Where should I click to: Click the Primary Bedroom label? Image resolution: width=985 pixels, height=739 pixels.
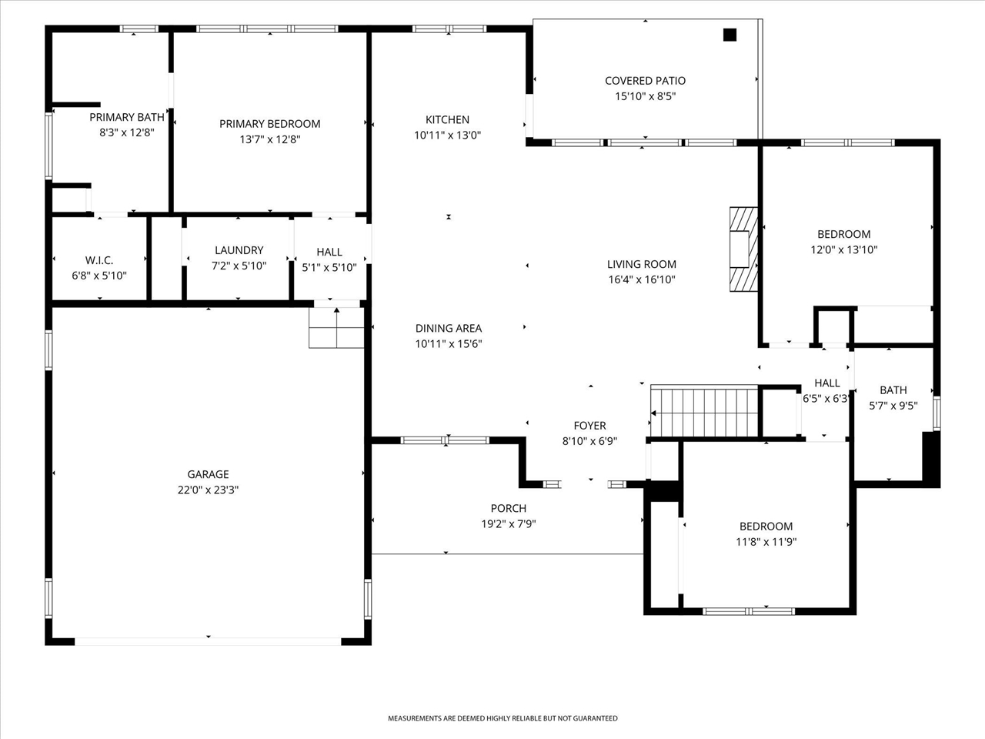pyautogui.click(x=269, y=124)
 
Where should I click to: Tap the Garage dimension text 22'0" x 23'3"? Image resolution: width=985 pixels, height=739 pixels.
pyautogui.click(x=208, y=490)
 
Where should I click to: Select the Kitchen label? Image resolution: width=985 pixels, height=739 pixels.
pyautogui.click(x=447, y=119)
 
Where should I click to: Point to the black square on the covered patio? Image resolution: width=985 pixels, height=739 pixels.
pyautogui.click(x=730, y=35)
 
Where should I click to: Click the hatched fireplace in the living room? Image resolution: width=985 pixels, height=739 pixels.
pyautogui.click(x=743, y=249)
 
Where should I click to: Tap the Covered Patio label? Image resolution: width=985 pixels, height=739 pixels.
pyautogui.click(x=645, y=81)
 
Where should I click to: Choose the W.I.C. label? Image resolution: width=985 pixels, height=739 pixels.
pyautogui.click(x=99, y=260)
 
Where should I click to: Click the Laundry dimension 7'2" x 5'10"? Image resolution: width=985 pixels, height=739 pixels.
pyautogui.click(x=239, y=266)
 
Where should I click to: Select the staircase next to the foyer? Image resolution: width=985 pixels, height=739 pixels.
pyautogui.click(x=704, y=412)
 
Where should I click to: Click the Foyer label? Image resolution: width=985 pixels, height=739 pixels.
pyautogui.click(x=589, y=426)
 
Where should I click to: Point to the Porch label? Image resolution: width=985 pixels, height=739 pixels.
pyautogui.click(x=509, y=508)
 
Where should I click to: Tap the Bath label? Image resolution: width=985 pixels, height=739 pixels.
pyautogui.click(x=893, y=390)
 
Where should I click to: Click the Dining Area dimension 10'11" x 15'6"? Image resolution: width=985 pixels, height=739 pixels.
pyautogui.click(x=449, y=345)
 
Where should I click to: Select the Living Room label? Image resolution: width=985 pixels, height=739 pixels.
pyautogui.click(x=641, y=264)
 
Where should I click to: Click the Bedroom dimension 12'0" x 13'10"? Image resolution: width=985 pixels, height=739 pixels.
pyautogui.click(x=843, y=250)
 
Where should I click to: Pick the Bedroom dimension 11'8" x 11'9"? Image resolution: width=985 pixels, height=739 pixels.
pyautogui.click(x=766, y=542)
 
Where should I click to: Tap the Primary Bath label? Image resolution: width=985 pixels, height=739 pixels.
pyautogui.click(x=127, y=117)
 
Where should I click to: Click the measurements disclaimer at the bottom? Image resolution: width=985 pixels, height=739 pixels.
pyautogui.click(x=502, y=718)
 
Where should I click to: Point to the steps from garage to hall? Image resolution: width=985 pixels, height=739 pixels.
pyautogui.click(x=336, y=328)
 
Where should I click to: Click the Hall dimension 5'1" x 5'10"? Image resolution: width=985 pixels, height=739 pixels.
pyautogui.click(x=329, y=268)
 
